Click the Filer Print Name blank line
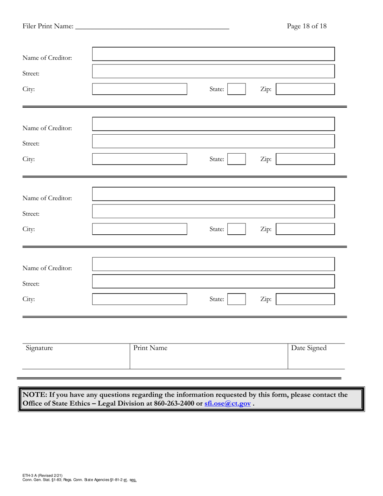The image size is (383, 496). point(152,27)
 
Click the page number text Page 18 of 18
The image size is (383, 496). point(306,26)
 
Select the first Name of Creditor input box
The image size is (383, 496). point(213,54)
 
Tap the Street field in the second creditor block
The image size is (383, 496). point(213,142)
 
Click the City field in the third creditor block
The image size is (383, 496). point(139,229)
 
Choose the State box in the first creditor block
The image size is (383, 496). point(236,89)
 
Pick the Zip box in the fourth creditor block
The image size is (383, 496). point(305,299)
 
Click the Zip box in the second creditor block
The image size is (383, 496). point(305,159)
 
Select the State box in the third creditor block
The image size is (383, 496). point(236,229)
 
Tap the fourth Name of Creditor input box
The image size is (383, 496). point(213,264)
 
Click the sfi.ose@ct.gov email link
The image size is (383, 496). point(227,403)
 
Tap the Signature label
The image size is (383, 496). point(39,348)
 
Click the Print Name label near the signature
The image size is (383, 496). point(150,348)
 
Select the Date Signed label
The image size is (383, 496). point(309,348)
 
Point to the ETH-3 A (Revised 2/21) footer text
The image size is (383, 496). point(42,476)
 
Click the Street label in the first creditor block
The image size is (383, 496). point(31,74)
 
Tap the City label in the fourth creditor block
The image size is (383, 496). point(29,299)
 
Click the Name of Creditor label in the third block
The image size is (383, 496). point(47,198)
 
